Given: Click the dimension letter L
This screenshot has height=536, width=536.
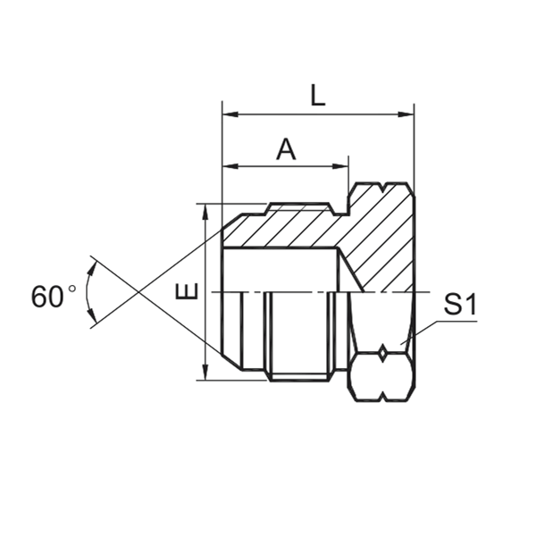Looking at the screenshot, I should click(x=317, y=96).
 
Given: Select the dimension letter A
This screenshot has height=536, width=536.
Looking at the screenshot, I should click(x=285, y=149).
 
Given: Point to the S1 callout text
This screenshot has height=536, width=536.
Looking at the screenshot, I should click(x=460, y=306).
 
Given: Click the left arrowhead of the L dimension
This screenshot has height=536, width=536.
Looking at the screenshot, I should click(x=229, y=114).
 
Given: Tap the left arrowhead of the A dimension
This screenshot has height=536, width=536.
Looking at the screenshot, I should click(x=229, y=166).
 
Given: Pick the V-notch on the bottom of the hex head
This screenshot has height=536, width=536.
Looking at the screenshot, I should click(x=382, y=397).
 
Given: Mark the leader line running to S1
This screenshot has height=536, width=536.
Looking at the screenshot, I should click(x=427, y=327).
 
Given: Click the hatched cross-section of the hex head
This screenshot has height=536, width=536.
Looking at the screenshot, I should click(x=380, y=241).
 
